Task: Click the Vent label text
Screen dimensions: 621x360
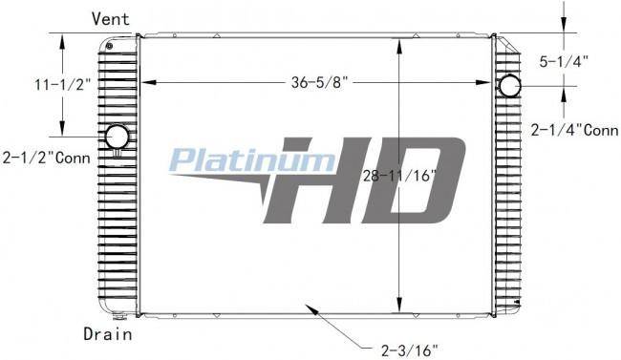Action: point(110,18)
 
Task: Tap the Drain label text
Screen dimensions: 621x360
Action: point(107,334)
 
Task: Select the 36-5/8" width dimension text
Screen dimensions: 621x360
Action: point(319,82)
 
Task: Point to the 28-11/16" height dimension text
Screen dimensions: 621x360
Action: point(399,176)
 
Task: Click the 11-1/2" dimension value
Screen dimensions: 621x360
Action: point(63,84)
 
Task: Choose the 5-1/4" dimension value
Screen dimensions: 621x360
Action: point(564,61)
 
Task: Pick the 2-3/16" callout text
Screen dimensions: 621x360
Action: point(410,349)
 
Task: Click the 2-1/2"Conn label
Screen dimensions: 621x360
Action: point(47,158)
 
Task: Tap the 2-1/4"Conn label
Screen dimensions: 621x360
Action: point(574,130)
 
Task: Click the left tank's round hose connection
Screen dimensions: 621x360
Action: point(117,138)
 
